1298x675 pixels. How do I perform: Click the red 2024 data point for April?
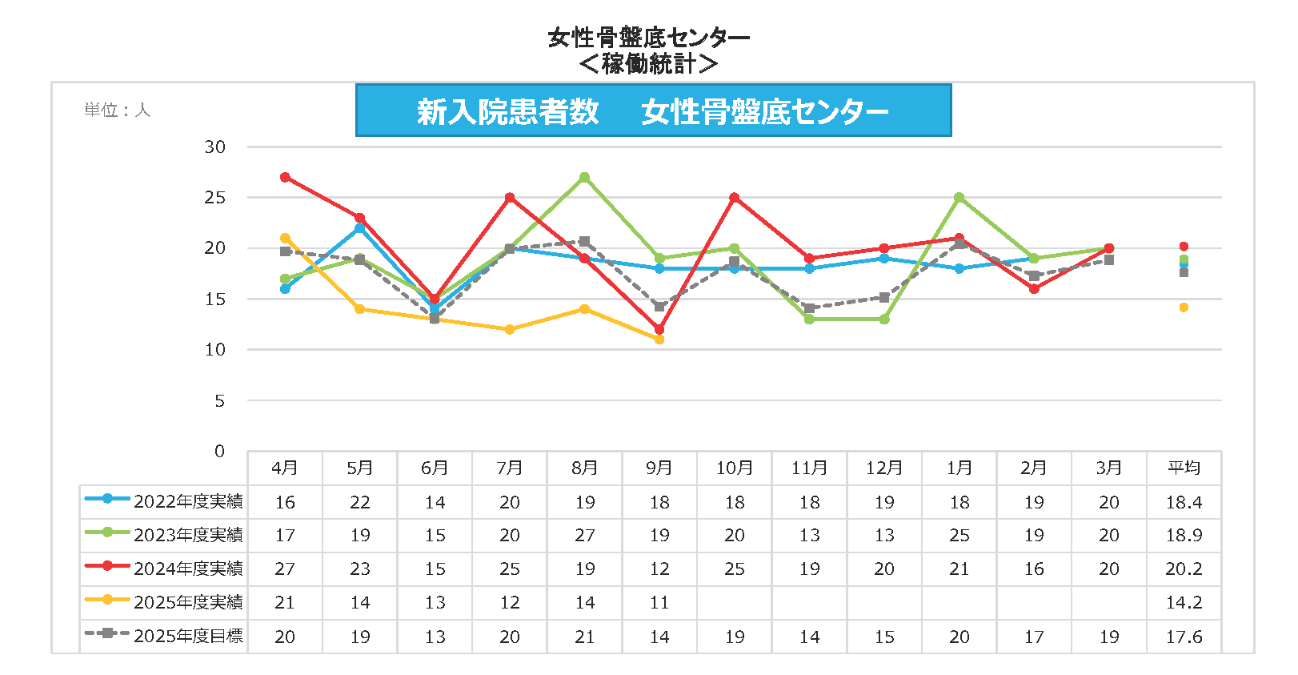point(285,177)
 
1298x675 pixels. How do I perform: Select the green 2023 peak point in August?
point(585,177)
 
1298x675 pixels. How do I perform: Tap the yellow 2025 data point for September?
point(659,340)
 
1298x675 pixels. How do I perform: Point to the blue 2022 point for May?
point(360,228)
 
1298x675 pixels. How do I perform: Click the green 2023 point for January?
point(959,197)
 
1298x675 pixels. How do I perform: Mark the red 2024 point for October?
point(735,197)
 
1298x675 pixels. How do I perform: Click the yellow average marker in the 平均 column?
point(1184,307)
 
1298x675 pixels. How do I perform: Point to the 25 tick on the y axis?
point(214,197)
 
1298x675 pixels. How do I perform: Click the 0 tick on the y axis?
point(219,451)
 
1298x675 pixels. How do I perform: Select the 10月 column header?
point(735,468)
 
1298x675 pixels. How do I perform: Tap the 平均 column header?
point(1184,468)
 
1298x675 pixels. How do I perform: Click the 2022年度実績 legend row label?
point(188,501)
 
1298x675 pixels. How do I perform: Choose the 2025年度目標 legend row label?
point(188,636)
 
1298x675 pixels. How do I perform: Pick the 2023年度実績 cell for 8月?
point(585,535)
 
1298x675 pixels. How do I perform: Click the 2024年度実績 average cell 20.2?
point(1184,569)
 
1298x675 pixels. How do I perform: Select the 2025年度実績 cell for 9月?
point(659,602)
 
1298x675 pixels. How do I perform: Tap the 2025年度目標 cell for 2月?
point(1034,637)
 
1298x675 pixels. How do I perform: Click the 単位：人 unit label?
point(118,110)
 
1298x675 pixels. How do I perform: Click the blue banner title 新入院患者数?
point(507,112)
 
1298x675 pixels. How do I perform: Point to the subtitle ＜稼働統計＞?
point(648,63)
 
